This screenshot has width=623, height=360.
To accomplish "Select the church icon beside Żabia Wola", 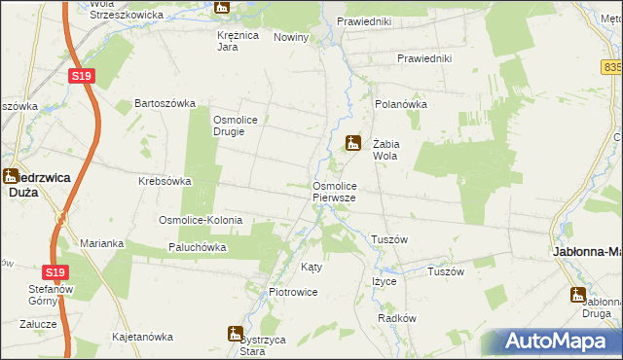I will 353,142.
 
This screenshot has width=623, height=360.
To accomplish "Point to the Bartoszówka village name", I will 165,103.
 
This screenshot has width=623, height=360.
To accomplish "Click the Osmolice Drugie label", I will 236,126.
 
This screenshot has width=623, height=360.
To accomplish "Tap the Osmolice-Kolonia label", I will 201,221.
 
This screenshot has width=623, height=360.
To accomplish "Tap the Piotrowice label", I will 293,292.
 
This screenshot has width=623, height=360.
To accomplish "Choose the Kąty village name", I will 311,266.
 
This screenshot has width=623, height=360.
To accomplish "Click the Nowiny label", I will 291,37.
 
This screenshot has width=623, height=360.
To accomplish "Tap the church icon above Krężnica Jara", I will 223,9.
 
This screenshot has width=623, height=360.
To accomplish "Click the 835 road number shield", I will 612,67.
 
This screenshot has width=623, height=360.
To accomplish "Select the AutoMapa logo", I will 555,342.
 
